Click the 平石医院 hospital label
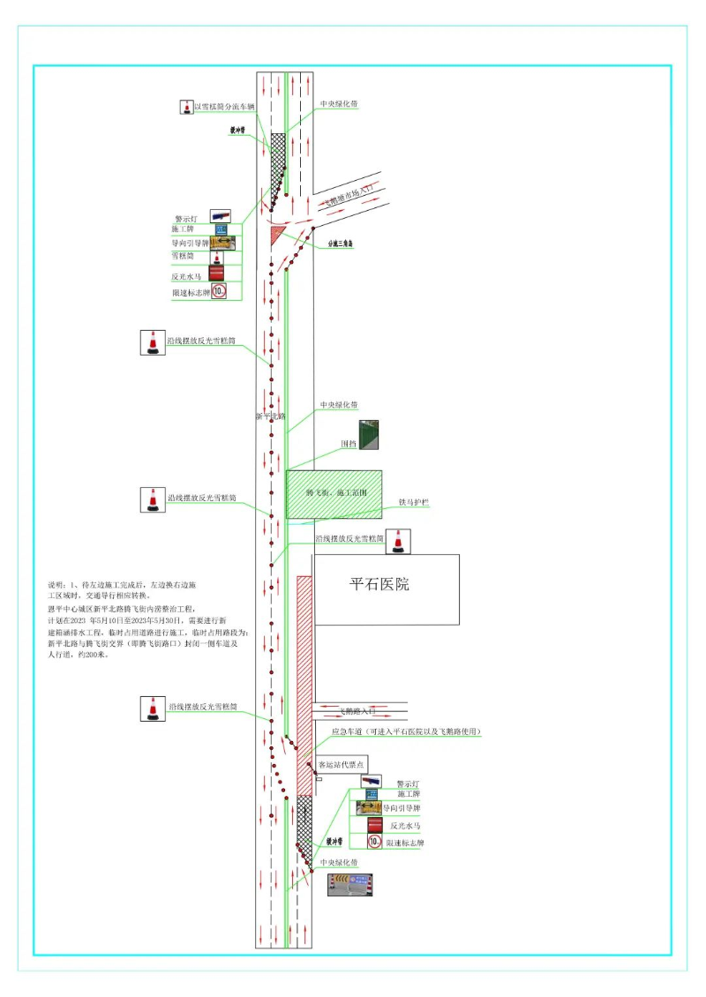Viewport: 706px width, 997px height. pos(379,584)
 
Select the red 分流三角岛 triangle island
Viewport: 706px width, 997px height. pos(278,234)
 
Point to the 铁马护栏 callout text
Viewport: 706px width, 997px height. pos(413,502)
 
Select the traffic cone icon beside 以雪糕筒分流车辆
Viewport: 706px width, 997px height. pos(186,107)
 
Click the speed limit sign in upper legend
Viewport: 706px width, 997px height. pos(219,289)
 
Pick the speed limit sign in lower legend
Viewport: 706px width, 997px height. pos(375,843)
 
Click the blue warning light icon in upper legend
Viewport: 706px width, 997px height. pos(220,215)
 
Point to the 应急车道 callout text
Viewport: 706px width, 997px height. pos(405,732)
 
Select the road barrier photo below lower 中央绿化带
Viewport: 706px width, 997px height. pos(350,884)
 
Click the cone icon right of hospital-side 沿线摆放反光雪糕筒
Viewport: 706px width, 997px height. pos(399,541)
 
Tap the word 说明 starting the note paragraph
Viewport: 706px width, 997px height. pos(56,585)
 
